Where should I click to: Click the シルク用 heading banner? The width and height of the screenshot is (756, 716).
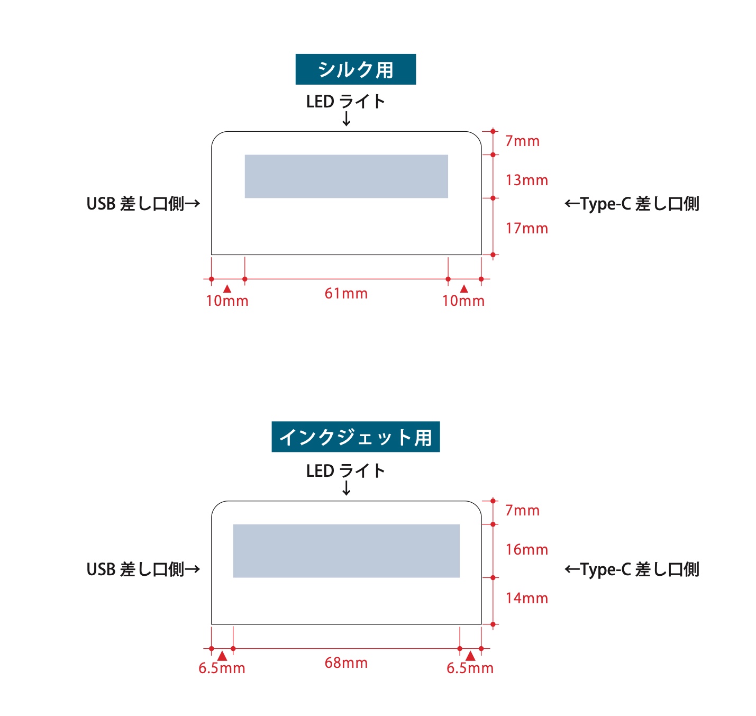point(356,69)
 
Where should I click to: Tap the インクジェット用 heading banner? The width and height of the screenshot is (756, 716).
point(356,437)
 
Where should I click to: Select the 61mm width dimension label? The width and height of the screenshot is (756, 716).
point(346,294)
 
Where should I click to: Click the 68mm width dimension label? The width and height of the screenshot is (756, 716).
point(346,663)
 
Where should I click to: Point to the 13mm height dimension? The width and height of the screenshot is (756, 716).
point(526,180)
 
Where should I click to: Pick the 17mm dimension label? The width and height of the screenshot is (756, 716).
point(526,229)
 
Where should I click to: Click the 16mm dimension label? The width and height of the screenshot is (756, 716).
point(526,550)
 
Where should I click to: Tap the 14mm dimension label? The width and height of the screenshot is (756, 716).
point(526,599)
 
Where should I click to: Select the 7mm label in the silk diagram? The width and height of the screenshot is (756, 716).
point(522,141)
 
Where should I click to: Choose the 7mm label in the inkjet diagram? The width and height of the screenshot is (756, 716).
point(522,511)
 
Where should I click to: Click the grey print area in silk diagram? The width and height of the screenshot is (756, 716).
point(346,176)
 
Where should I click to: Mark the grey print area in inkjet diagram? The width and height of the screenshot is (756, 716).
point(346,550)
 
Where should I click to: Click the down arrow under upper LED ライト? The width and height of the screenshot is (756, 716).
point(347,119)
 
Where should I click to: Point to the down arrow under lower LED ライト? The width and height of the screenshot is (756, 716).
point(347,488)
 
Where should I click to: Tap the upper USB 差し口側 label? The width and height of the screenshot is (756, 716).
point(143,204)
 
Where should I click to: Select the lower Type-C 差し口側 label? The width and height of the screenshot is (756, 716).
point(632,570)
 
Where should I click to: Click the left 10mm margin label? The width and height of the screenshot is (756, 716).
point(227,301)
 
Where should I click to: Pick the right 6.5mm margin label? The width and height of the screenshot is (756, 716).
point(470,668)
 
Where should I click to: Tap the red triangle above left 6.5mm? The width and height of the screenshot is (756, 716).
point(222,656)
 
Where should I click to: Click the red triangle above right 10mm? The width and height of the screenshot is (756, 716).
point(464,289)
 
